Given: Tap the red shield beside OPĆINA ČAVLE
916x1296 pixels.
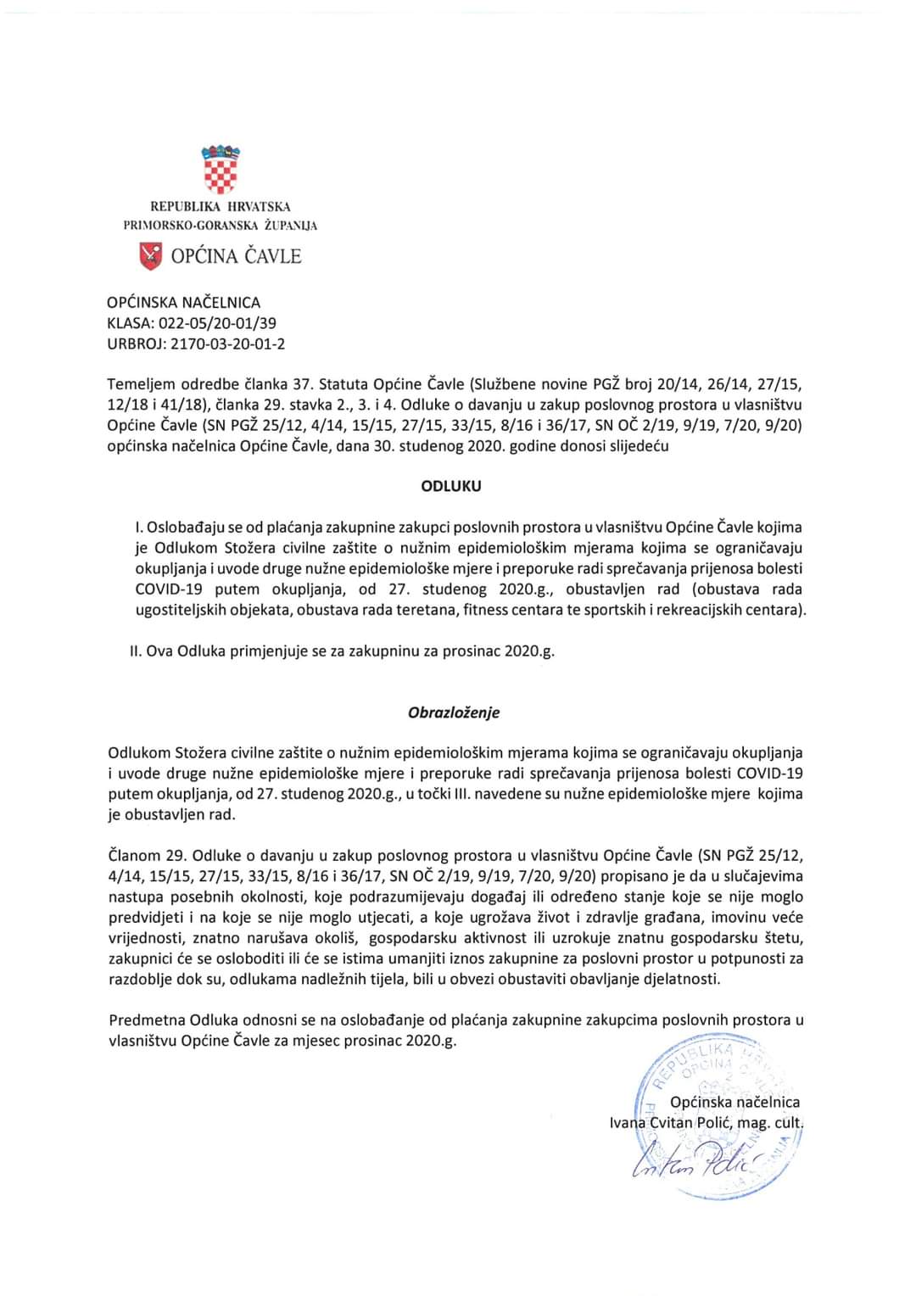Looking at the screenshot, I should click(150, 255).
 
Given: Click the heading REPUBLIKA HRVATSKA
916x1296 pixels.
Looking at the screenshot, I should click(221, 206).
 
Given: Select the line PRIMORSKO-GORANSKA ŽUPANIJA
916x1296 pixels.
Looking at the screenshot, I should click(221, 226).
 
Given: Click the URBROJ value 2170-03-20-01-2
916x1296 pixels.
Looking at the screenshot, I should click(228, 344).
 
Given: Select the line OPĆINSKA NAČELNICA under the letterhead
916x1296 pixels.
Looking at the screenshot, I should click(184, 302).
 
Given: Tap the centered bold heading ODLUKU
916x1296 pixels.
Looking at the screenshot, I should click(451, 487).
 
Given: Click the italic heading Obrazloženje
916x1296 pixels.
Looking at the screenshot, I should click(454, 712).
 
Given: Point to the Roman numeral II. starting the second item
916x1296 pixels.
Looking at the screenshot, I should click(136, 651).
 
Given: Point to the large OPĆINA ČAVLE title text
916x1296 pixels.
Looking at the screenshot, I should click(236, 256).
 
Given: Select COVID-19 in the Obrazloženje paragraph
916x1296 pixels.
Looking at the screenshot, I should click(769, 773).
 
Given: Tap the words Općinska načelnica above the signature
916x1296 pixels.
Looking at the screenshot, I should click(734, 1102).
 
